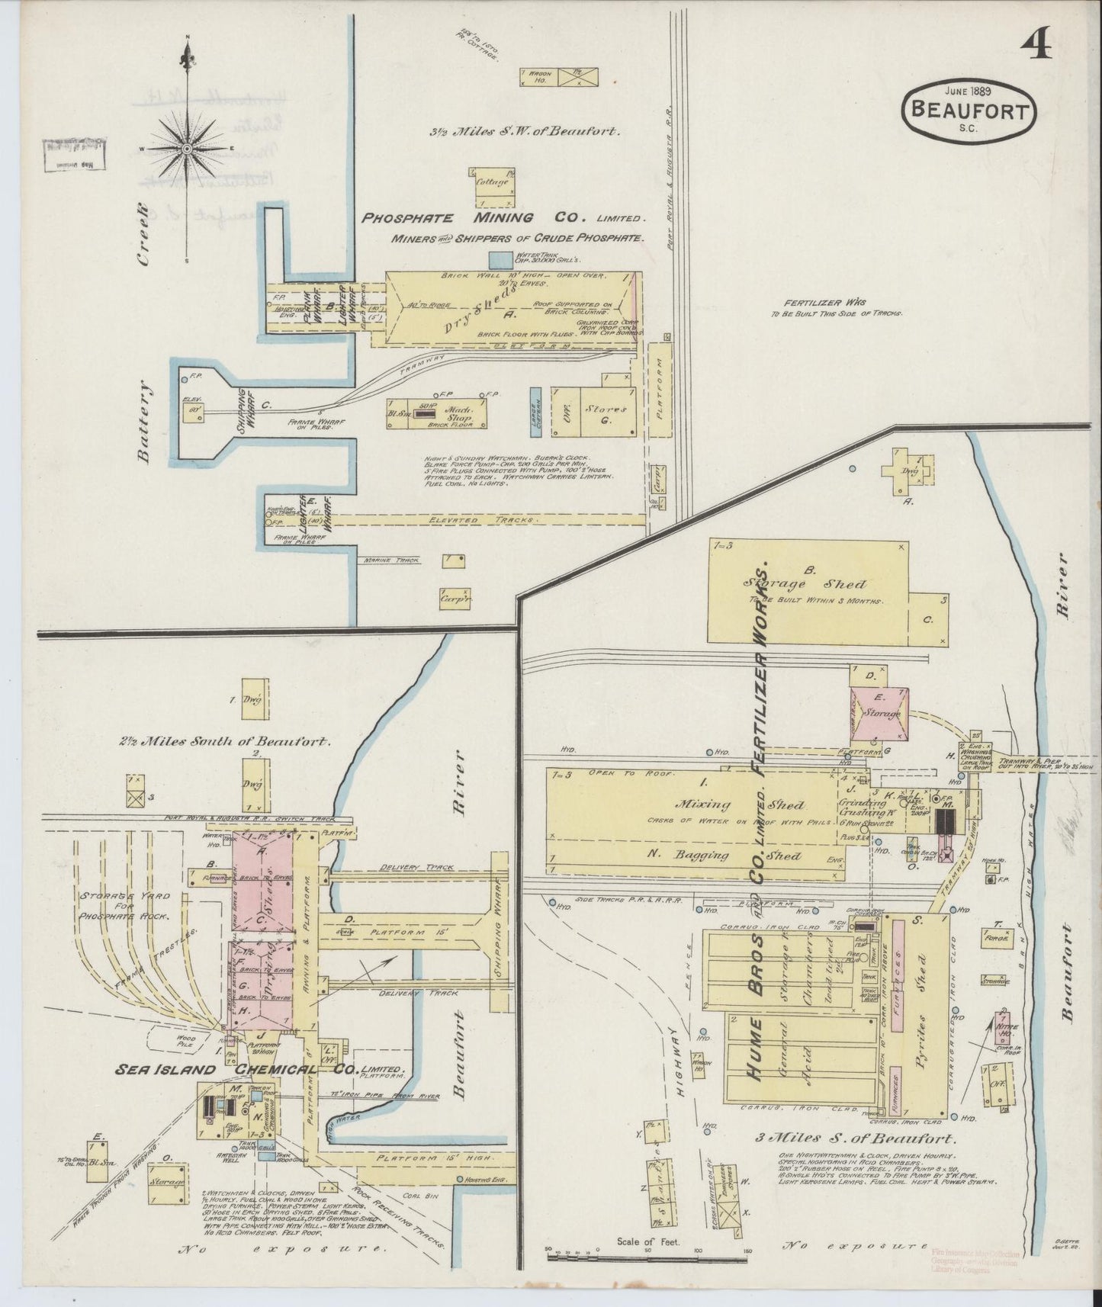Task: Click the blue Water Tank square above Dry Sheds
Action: click(500, 261)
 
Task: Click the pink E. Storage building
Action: click(880, 713)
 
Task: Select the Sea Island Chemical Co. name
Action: click(259, 1070)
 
